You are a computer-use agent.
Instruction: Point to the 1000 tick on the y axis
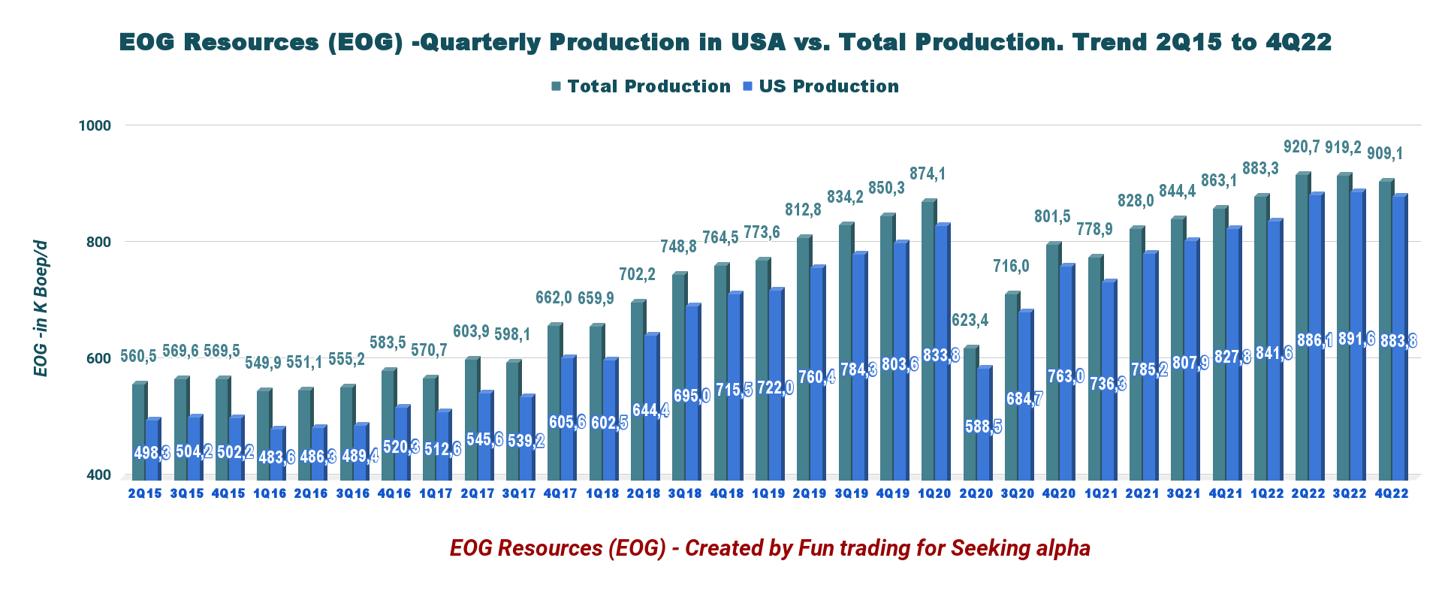(95, 125)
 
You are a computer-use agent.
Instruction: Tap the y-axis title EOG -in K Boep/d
(41, 309)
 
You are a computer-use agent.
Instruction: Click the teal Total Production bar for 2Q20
(970, 413)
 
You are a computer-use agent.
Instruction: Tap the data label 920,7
(1302, 146)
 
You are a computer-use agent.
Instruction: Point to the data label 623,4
(970, 320)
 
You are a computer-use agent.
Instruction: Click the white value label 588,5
(983, 427)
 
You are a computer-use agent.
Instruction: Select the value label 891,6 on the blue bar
(1356, 339)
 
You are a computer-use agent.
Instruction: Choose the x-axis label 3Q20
(1018, 493)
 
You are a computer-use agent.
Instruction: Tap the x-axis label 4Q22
(1391, 493)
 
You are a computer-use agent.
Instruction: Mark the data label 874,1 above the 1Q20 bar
(928, 173)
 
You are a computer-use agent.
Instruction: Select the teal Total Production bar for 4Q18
(720, 375)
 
